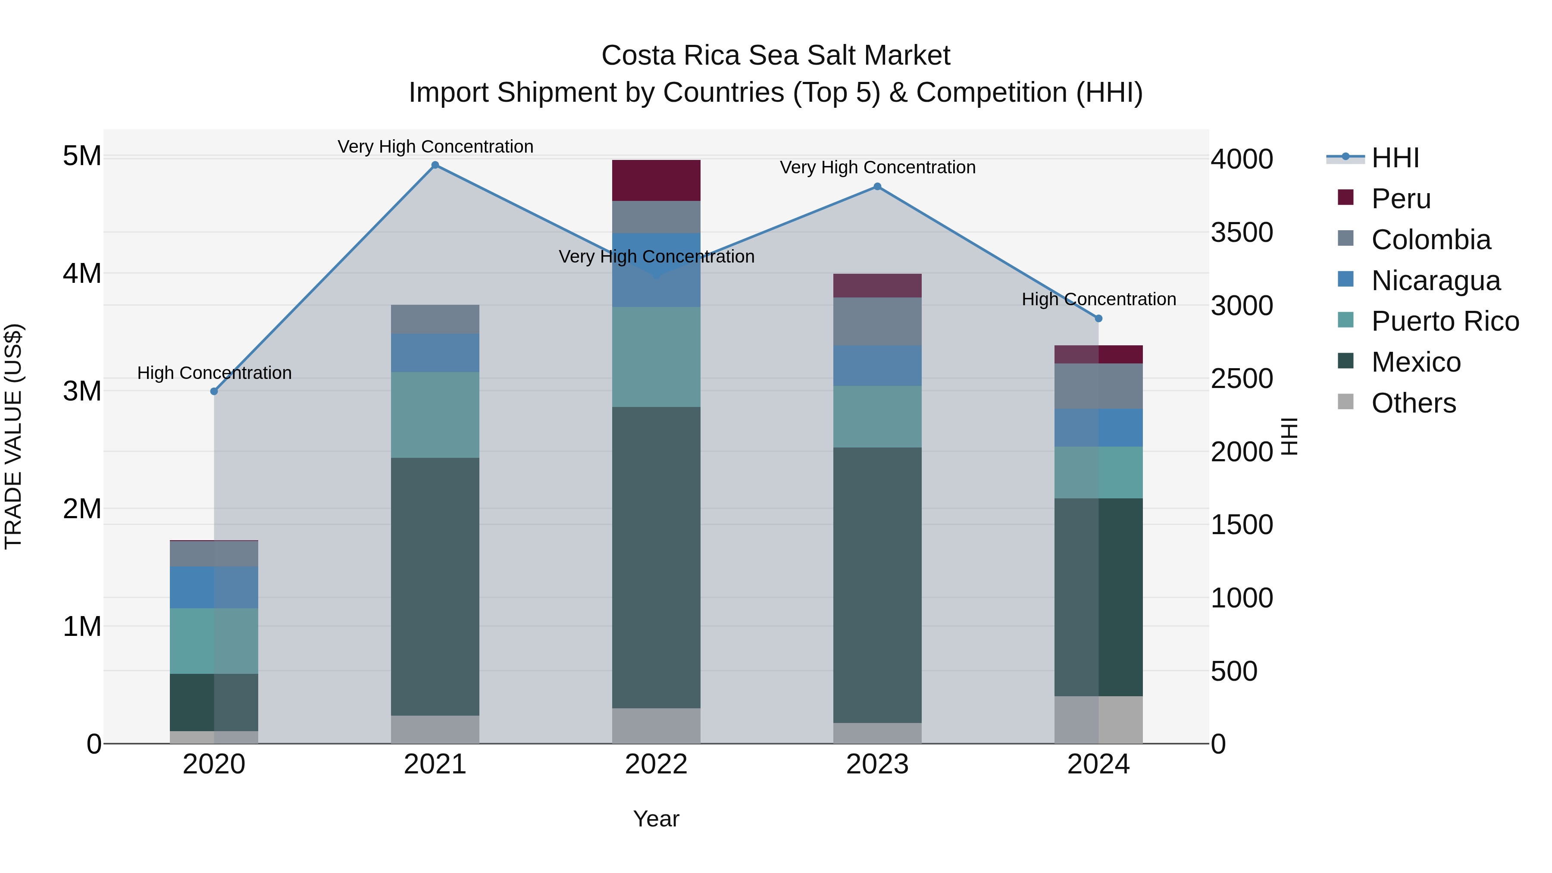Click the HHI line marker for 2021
(x=435, y=165)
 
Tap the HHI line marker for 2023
(x=877, y=187)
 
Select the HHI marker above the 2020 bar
(x=214, y=391)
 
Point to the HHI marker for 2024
(x=1098, y=319)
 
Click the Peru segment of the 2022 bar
(x=656, y=181)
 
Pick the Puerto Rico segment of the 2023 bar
(x=877, y=416)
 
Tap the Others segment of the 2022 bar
(x=656, y=726)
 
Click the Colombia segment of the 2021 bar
(x=435, y=319)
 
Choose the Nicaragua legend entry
(x=1436, y=281)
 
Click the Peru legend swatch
(x=1345, y=197)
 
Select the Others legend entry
(x=1414, y=403)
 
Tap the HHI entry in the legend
(x=1396, y=158)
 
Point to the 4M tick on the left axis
(x=82, y=273)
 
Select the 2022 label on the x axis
(x=656, y=764)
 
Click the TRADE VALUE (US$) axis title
(x=13, y=436)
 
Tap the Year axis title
(x=656, y=819)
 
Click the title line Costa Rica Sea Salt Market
(x=776, y=56)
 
